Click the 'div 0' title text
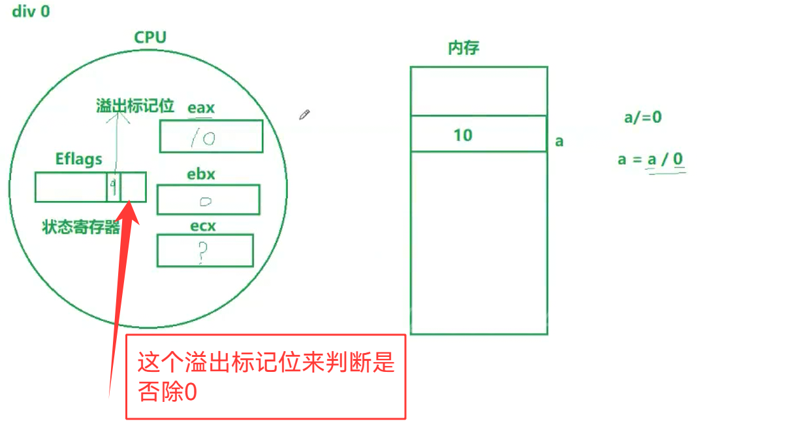31,12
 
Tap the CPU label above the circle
150,37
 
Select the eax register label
201,108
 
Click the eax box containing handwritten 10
211,136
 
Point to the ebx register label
201,174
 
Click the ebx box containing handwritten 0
208,200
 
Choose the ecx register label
202,226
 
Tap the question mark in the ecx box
204,252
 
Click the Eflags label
78,159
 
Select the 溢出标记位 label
134,106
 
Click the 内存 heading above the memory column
464,48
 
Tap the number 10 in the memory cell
463,135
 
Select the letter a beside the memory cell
559,141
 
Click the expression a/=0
642,117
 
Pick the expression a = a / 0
650,159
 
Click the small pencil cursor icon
304,114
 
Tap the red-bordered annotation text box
266,376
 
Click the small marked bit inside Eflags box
113,187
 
